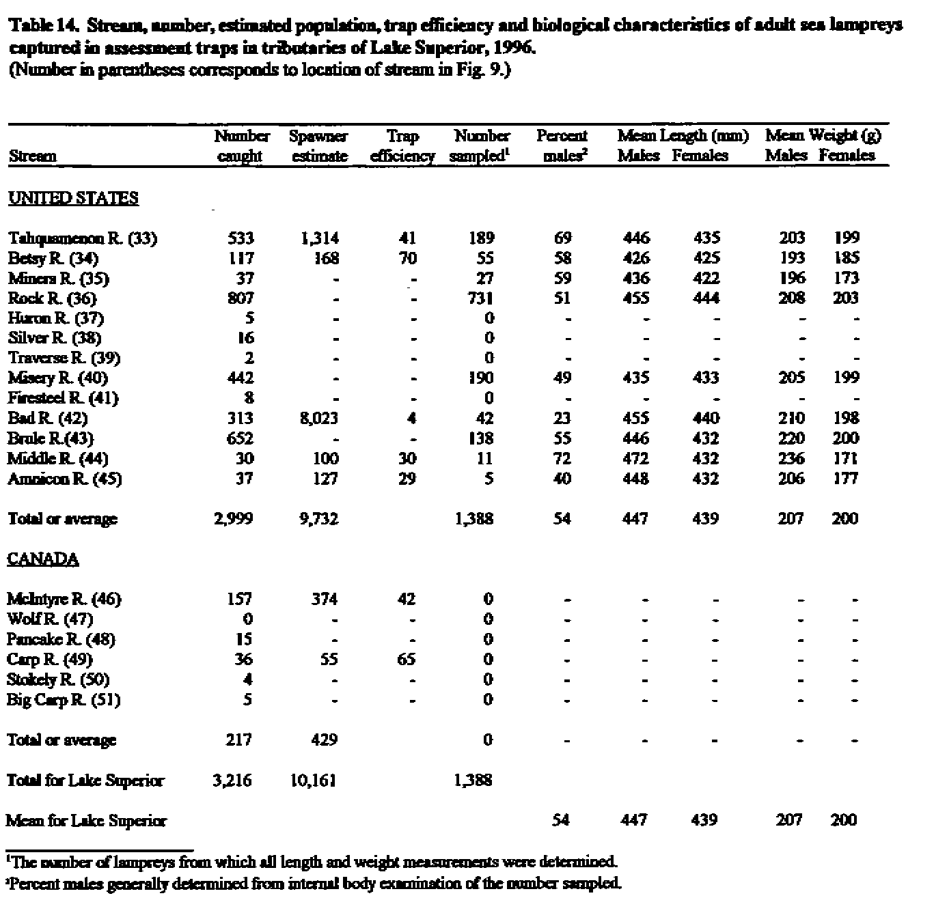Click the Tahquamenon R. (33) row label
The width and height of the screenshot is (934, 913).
click(x=82, y=238)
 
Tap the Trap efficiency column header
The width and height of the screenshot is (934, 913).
click(x=402, y=146)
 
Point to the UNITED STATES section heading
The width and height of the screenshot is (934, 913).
click(x=73, y=199)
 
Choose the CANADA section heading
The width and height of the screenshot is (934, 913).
click(x=43, y=559)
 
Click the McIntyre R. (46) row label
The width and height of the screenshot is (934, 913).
click(x=64, y=600)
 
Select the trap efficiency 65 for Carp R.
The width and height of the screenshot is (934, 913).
click(x=407, y=660)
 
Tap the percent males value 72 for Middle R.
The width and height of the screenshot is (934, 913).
click(x=563, y=458)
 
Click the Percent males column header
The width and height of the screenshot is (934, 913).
click(x=562, y=146)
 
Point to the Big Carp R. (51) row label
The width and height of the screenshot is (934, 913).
click(x=64, y=700)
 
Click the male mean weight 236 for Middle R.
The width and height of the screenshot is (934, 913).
click(x=791, y=458)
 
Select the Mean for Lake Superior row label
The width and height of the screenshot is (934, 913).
click(x=86, y=821)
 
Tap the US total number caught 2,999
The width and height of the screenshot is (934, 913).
click(x=233, y=519)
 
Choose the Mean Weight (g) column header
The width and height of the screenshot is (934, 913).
click(x=823, y=136)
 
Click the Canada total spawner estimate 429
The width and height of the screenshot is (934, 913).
click(x=323, y=740)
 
